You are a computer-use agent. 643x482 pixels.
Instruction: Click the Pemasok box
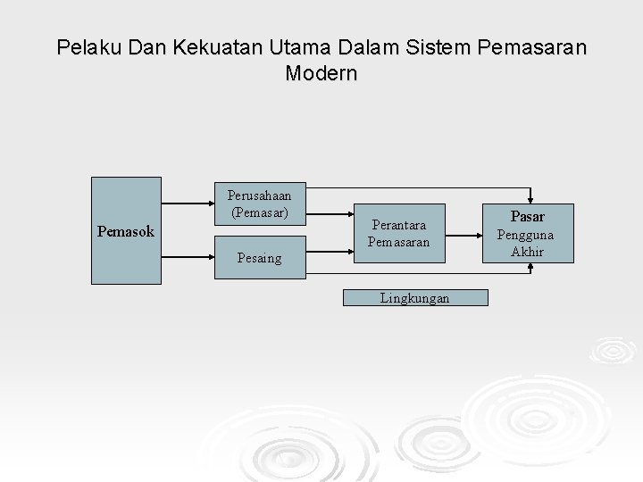click(126, 231)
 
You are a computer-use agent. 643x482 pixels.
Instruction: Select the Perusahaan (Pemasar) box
click(259, 204)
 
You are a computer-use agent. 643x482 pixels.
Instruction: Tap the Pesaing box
click(259, 258)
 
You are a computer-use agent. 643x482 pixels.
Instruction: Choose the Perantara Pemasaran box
click(398, 234)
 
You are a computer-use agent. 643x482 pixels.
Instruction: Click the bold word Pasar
click(527, 216)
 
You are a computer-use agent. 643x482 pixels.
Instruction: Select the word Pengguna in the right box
click(525, 235)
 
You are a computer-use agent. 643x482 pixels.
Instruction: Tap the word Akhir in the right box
click(527, 252)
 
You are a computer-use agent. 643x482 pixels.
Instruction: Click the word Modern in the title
click(321, 73)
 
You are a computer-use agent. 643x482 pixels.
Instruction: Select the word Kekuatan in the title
click(199, 46)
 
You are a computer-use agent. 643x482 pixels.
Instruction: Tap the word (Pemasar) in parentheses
click(259, 212)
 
